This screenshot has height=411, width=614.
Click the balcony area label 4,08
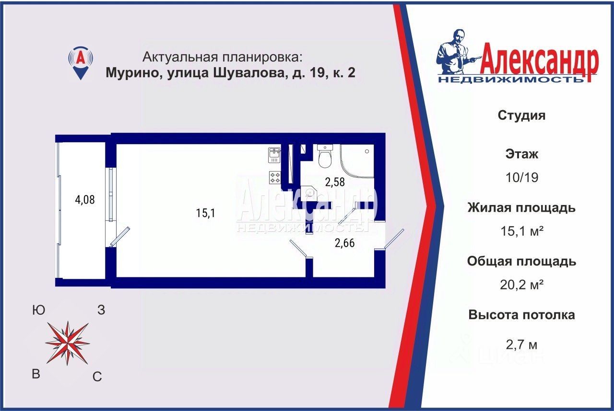coord(85,200)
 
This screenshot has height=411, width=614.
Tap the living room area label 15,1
coord(206,213)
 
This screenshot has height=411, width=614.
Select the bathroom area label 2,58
coord(335,182)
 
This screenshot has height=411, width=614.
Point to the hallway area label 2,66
coord(344,243)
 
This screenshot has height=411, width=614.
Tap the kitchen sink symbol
coord(274,155)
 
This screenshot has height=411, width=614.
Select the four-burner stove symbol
coord(275,177)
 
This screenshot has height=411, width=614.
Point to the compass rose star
coord(68,343)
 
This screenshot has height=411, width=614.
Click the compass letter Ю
coord(39,310)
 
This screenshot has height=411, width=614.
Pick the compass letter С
coord(97,377)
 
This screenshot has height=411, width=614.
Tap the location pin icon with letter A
coord(81,63)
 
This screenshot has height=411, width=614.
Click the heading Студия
coord(521,115)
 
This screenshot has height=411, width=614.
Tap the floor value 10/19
coord(522,178)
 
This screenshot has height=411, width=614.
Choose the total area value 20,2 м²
coord(521,285)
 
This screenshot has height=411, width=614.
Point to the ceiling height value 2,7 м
coord(521,344)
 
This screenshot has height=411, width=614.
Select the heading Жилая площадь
coord(521,208)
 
